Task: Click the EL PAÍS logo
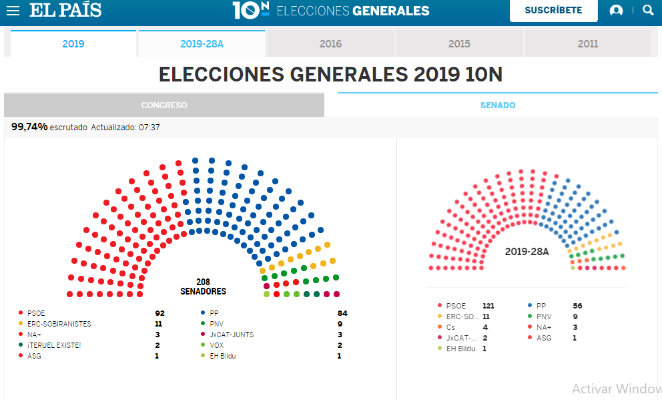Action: tap(65, 10)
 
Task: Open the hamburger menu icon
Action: tap(13, 11)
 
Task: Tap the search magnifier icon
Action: tap(647, 10)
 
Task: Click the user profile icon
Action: tap(616, 11)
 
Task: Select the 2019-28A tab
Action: tap(202, 44)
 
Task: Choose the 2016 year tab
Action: tap(330, 44)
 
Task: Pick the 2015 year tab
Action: tap(459, 44)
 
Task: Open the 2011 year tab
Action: tap(587, 44)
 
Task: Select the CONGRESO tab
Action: tap(164, 106)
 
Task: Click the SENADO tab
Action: tap(498, 106)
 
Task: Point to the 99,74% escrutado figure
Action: tap(30, 127)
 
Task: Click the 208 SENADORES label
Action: tap(203, 287)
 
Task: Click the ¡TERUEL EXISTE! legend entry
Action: tap(53, 345)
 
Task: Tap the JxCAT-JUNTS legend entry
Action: tap(231, 335)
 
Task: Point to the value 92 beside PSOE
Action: tap(159, 313)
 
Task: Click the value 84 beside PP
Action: tap(342, 313)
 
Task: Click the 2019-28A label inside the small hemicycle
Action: tap(527, 252)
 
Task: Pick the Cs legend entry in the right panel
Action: tap(451, 327)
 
